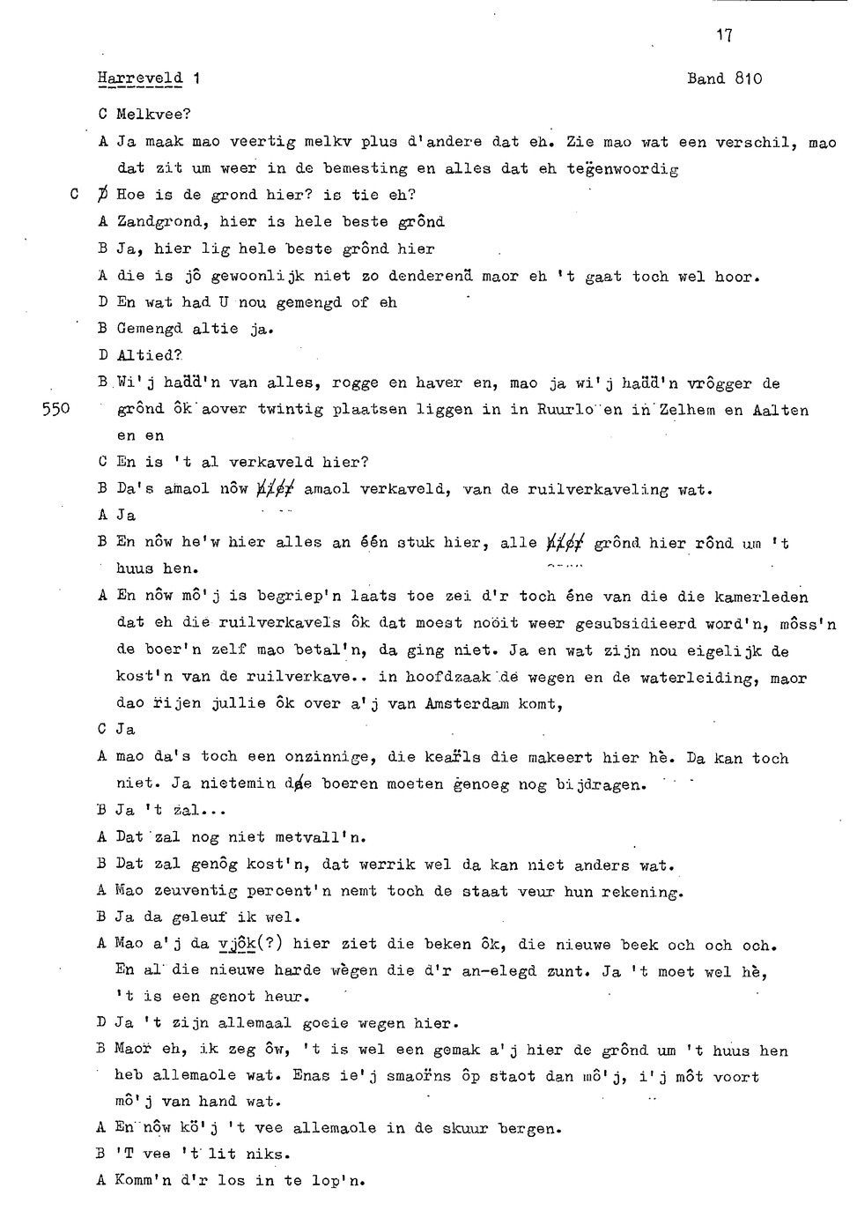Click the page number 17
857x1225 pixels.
(724, 35)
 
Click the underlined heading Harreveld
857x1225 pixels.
(140, 78)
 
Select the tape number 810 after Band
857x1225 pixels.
(748, 78)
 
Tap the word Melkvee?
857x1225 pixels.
(154, 115)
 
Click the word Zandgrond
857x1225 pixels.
(163, 222)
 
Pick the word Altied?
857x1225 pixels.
(149, 356)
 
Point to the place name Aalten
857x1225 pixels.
(780, 410)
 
